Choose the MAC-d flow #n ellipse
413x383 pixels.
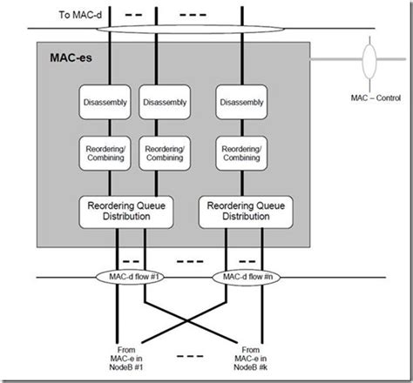point(244,278)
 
